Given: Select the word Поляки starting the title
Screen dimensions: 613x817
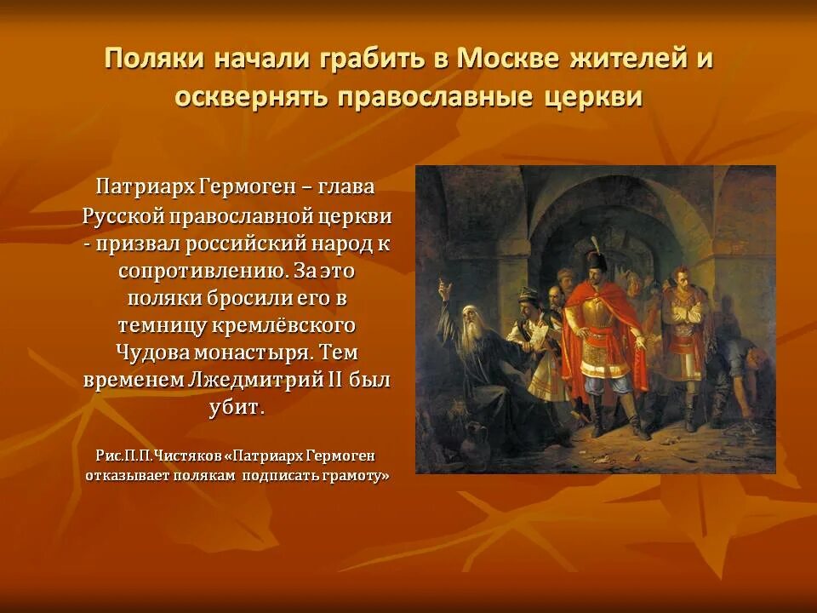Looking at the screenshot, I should click(x=154, y=59).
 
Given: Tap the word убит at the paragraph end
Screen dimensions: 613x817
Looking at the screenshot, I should click(x=236, y=407).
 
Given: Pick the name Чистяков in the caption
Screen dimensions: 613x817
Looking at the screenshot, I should click(x=188, y=456).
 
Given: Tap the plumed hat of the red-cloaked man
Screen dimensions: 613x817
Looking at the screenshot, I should click(x=593, y=257).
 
